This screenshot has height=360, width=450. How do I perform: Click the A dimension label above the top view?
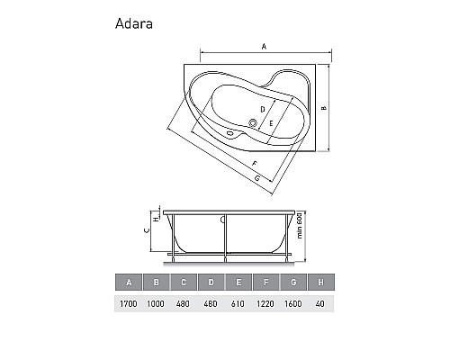[264, 45]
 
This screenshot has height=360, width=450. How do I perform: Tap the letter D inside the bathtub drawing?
[262, 109]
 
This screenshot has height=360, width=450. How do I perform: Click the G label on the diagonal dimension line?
[258, 180]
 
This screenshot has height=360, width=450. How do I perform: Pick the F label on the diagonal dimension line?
[256, 163]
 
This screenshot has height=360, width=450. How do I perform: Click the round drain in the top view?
[253, 124]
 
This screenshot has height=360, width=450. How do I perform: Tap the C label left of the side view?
[146, 229]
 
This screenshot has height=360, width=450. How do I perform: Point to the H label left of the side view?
[155, 218]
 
